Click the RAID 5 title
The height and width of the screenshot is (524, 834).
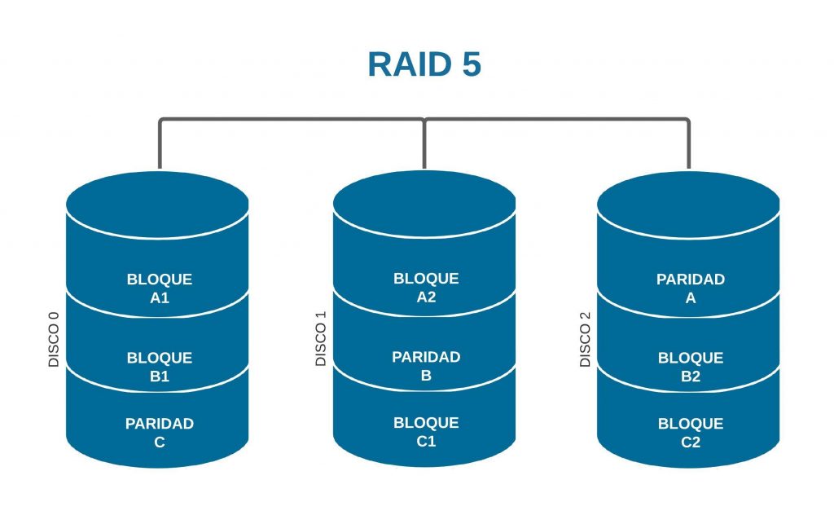[x=424, y=64]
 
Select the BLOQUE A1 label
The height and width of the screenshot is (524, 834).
[x=160, y=288]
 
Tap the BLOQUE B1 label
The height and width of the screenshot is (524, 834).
[x=160, y=367]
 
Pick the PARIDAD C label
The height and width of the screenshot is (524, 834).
[x=160, y=433]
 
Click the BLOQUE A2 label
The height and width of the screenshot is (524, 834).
[x=426, y=288]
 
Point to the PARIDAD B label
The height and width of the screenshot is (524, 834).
[x=426, y=366]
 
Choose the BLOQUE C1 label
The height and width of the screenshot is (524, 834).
[x=426, y=432]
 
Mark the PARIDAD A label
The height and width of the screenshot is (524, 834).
[x=691, y=288]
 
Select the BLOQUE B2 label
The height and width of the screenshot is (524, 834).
[x=691, y=367]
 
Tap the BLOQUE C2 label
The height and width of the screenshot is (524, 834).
[x=691, y=433]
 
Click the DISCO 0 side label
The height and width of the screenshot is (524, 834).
[x=55, y=337]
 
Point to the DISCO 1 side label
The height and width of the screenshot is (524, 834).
[x=321, y=337]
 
